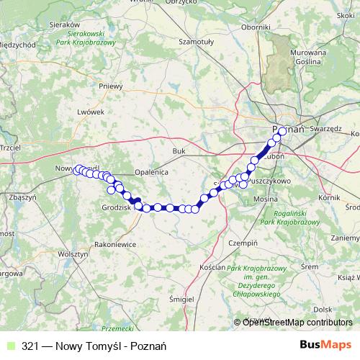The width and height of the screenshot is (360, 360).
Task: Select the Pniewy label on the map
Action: point(112,86)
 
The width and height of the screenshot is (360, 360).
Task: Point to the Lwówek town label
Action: point(91,112)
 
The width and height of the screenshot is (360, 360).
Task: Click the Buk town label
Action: point(179,150)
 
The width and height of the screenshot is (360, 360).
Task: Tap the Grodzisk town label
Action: point(115,207)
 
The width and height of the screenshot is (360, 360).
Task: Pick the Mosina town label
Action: point(266,197)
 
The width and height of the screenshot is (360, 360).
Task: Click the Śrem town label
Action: point(310,266)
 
